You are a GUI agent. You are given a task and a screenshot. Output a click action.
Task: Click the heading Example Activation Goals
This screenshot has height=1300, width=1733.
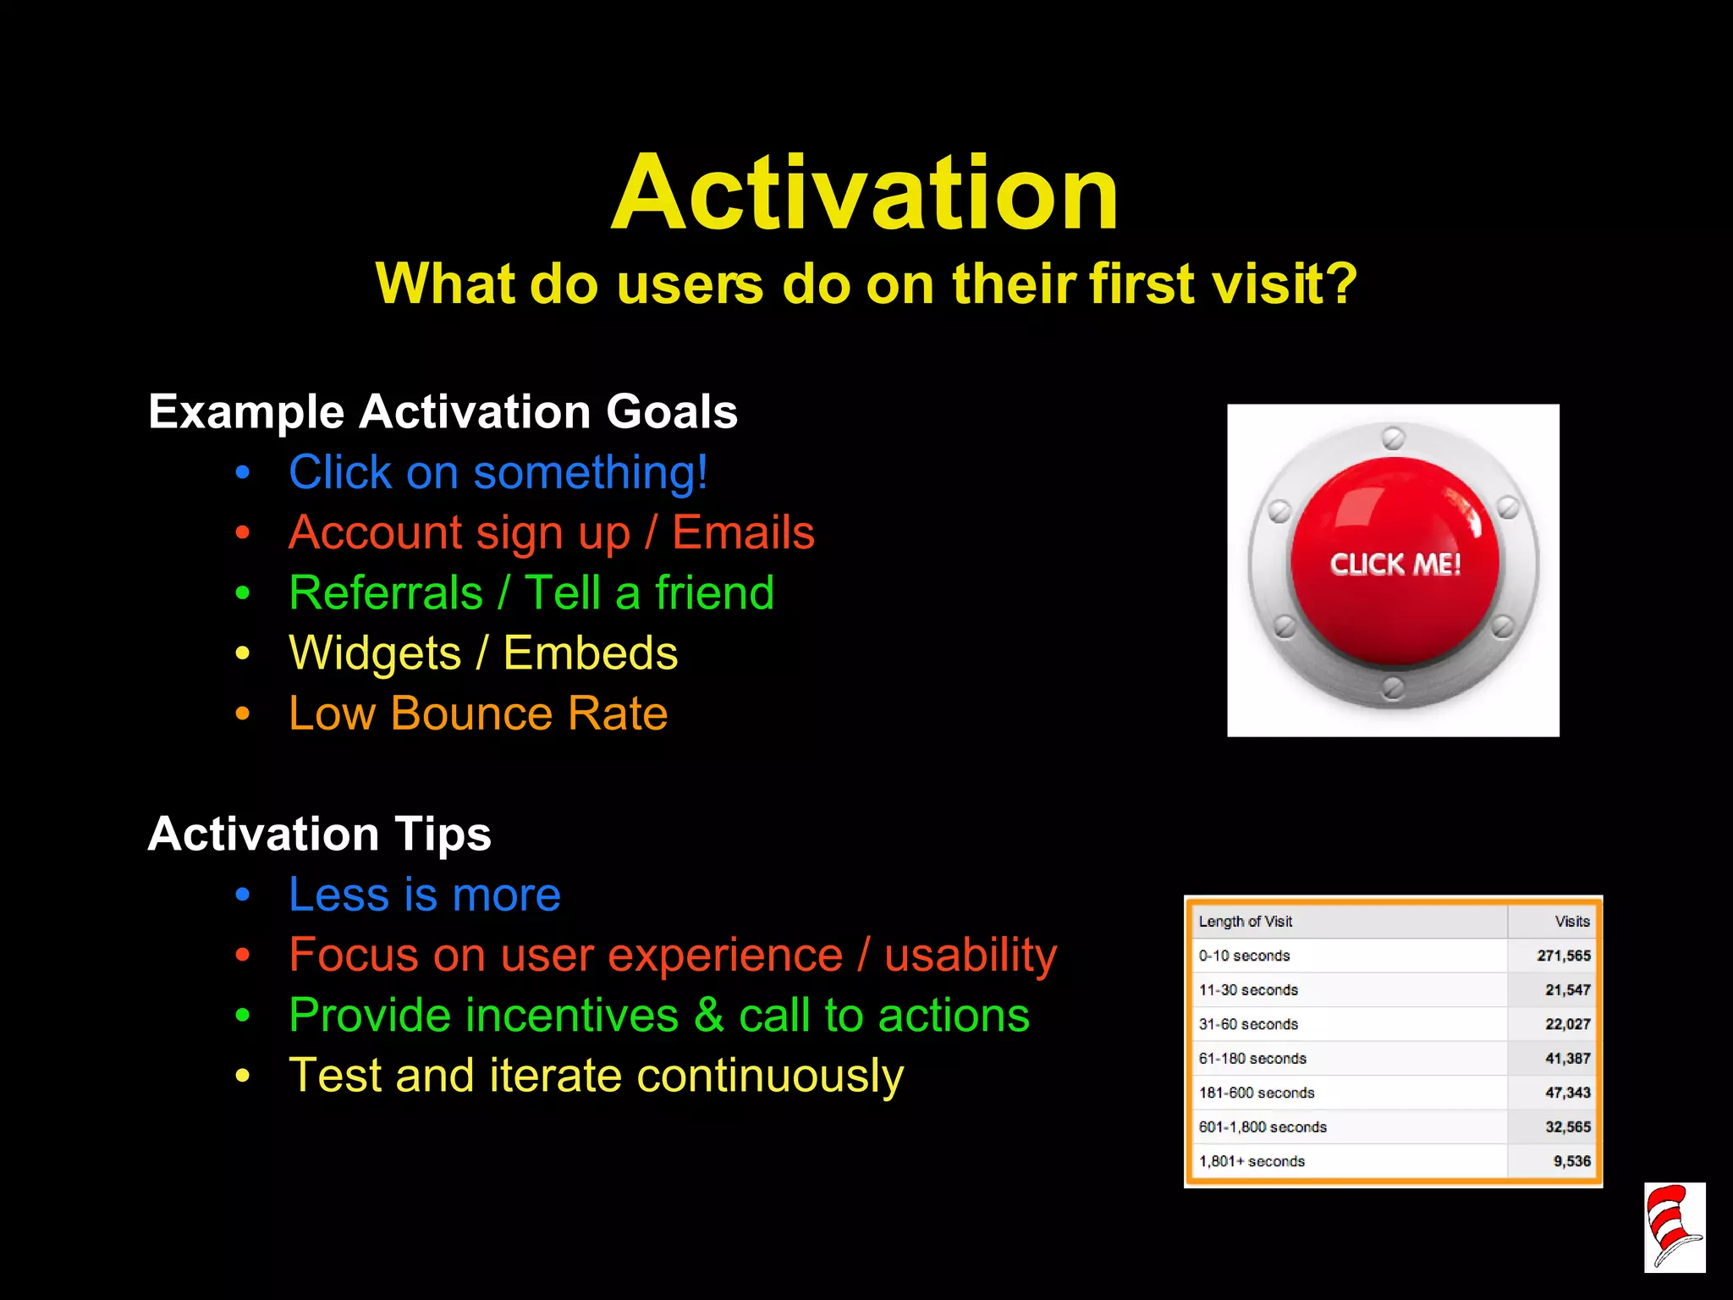click(443, 412)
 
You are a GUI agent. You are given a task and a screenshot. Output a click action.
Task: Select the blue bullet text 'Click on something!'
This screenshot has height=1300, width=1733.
click(498, 472)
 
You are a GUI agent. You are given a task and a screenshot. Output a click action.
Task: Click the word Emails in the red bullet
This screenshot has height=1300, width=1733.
click(743, 533)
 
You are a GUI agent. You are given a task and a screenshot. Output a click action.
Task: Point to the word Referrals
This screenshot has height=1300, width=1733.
click(386, 592)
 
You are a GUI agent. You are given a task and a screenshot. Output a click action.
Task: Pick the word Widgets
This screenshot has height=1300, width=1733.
click(375, 653)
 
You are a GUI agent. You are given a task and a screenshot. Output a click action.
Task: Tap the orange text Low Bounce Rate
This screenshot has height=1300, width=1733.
click(478, 713)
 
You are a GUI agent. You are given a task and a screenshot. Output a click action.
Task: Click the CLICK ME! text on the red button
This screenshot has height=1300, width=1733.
click(1395, 565)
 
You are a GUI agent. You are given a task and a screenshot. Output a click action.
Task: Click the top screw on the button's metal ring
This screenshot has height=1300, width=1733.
click(1393, 438)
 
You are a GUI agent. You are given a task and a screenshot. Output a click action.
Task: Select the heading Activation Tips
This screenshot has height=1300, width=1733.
click(319, 835)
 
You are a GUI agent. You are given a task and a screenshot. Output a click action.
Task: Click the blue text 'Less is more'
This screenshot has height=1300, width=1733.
click(424, 895)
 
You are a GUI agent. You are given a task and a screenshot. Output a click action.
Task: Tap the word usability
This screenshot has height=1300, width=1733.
click(971, 956)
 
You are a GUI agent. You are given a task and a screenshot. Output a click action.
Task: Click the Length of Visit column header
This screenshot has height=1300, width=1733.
click(1245, 922)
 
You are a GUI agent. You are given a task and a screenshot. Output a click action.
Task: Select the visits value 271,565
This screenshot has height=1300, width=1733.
click(1563, 956)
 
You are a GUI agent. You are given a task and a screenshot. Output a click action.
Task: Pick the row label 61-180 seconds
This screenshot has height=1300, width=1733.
click(1252, 1059)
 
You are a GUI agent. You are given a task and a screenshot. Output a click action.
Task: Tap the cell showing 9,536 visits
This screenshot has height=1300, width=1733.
click(1571, 1161)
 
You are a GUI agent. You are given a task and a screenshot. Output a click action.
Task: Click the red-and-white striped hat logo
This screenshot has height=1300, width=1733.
click(1674, 1227)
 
